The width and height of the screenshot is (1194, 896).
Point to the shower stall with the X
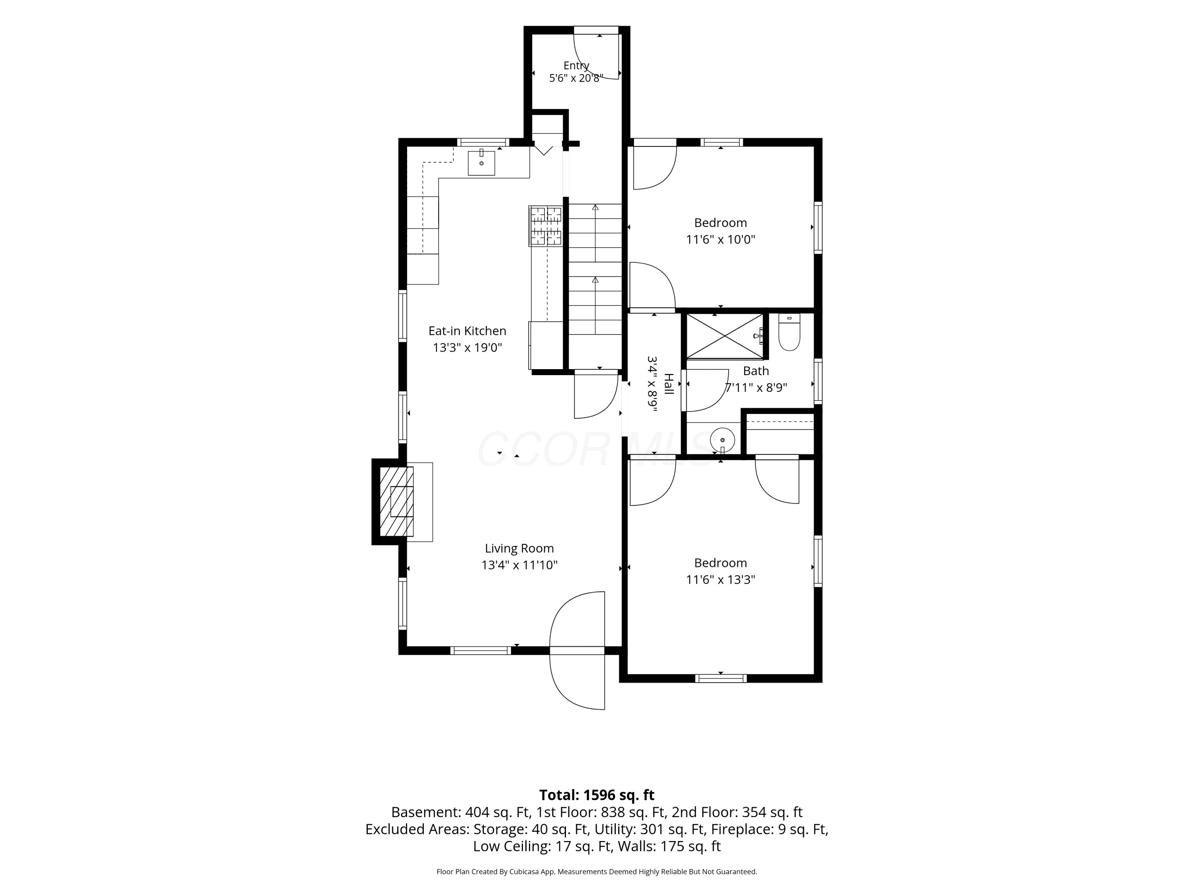724,336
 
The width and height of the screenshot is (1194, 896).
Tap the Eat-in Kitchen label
468,331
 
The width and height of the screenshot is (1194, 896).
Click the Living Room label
519,548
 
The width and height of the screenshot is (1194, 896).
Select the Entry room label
576,65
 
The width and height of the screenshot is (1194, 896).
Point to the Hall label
668,384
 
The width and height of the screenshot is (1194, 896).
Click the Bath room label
756,371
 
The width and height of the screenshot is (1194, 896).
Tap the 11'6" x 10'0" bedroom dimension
721,239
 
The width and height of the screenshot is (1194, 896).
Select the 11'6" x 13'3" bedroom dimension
721,579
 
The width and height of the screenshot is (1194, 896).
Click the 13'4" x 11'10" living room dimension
519,565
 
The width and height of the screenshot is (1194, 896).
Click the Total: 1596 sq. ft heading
597,795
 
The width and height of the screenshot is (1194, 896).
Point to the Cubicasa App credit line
597,871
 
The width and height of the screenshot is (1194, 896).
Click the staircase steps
595,269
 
